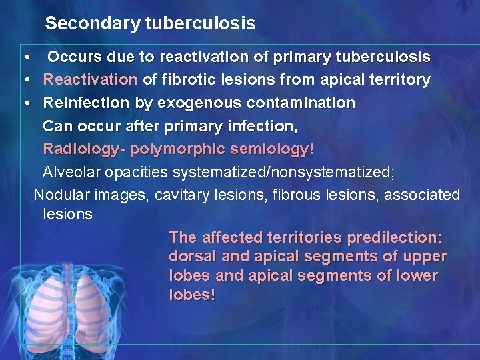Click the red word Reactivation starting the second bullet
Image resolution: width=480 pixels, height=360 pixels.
pos(90,80)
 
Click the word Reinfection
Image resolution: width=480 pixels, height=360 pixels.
pos(83,103)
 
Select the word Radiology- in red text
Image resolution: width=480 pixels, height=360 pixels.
pos(85,149)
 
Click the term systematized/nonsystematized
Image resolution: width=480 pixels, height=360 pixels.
pos(283,173)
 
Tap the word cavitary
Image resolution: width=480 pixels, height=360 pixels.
pos(185,195)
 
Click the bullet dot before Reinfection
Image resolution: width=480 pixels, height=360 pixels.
pos(25,103)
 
